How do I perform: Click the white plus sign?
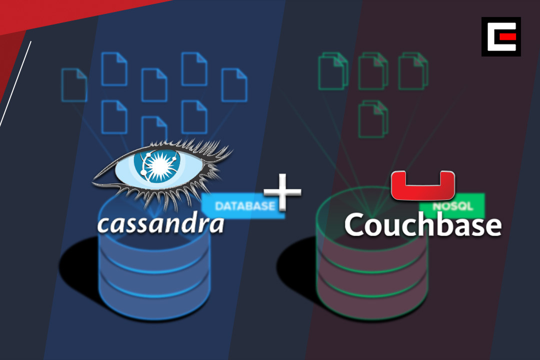(282, 192)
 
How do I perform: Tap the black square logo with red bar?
(501, 36)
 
